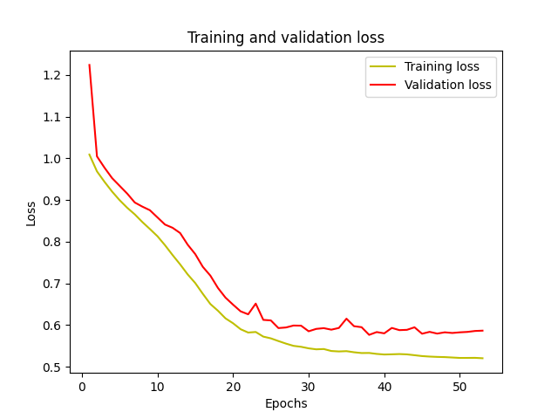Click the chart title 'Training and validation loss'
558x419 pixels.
pyautogui.click(x=286, y=38)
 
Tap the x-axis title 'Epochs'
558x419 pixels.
pyautogui.click(x=286, y=403)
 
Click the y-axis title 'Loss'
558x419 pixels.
pyautogui.click(x=31, y=213)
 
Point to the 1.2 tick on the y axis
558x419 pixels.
pyautogui.click(x=56, y=75)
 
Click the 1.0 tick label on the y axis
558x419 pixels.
pyautogui.click(x=56, y=159)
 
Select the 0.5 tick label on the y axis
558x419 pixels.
pyautogui.click(x=56, y=367)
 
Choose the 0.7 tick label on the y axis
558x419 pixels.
pyautogui.click(x=56, y=284)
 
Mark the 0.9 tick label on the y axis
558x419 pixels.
pyautogui.click(x=56, y=201)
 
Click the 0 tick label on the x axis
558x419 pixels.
pyautogui.click(x=82, y=385)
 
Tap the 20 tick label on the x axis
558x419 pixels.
pyautogui.click(x=233, y=385)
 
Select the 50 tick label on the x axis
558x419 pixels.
pyautogui.click(x=459, y=385)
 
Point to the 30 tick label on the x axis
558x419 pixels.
pyautogui.click(x=309, y=385)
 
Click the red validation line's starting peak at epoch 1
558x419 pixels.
pyautogui.click(x=89, y=65)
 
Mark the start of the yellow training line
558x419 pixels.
pyautogui.click(x=89, y=155)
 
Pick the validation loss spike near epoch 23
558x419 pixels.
pyautogui.click(x=255, y=304)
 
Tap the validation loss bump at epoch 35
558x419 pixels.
pyautogui.click(x=346, y=319)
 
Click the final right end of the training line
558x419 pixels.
pyautogui.click(x=482, y=358)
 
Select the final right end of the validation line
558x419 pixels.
pyautogui.click(x=482, y=331)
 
